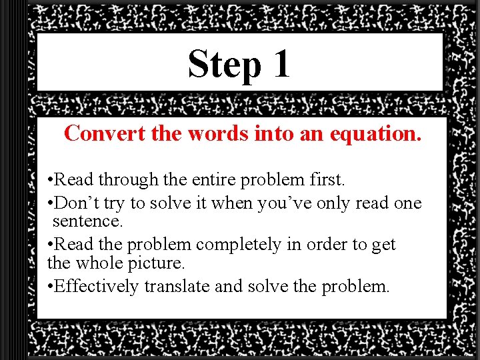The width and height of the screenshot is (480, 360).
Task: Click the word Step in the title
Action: point(225,65)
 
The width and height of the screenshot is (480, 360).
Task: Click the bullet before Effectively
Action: point(51,287)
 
